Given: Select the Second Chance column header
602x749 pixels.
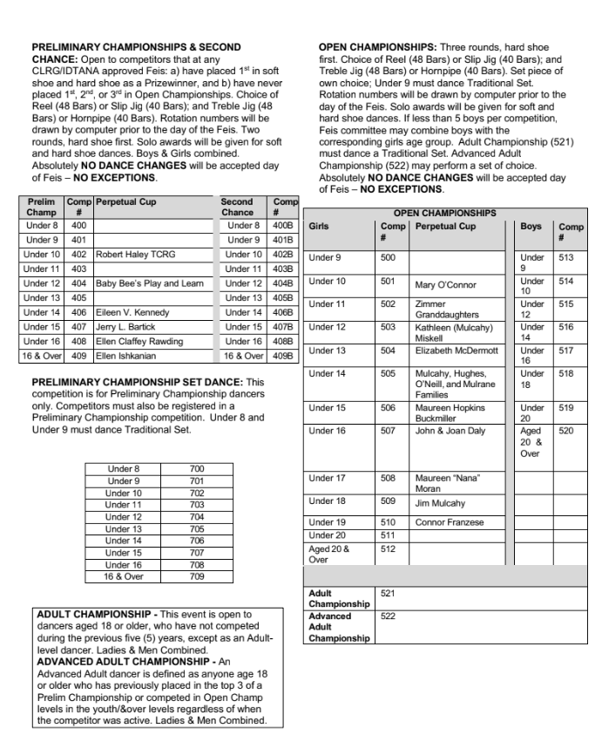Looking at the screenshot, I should pos(237,206).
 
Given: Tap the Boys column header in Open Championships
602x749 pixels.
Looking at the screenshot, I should pos(531,225).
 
